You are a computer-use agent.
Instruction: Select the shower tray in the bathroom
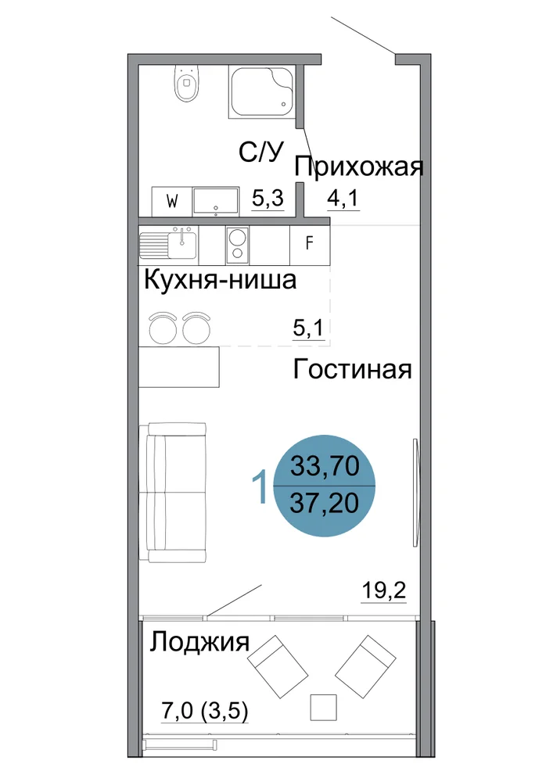[262, 91]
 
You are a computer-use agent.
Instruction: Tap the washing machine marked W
[172, 202]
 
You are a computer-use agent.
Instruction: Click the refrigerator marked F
[309, 244]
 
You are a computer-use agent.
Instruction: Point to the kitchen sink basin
[182, 244]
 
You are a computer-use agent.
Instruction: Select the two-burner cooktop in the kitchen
[237, 244]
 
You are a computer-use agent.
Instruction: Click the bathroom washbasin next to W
[215, 202]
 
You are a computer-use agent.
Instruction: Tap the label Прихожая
[358, 168]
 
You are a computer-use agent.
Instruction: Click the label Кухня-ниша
[220, 280]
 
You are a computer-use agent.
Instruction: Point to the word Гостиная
[352, 370]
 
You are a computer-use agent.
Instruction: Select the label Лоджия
[199, 642]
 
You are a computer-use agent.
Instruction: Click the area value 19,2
[383, 590]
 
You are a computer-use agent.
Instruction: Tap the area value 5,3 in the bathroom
[268, 199]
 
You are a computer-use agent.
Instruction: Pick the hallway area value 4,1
[343, 199]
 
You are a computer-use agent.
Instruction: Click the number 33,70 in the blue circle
[325, 467]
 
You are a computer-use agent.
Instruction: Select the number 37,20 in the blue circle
[325, 503]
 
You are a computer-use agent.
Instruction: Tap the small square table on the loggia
[323, 707]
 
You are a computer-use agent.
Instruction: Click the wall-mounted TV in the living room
[415, 492]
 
